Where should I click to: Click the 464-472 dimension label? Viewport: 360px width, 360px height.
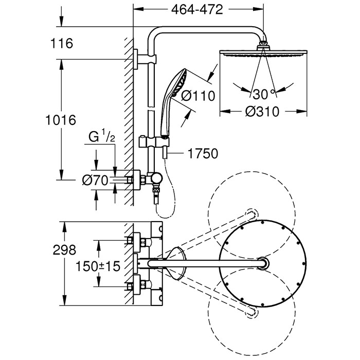[198, 9]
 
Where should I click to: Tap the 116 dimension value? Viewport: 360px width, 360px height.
[62, 43]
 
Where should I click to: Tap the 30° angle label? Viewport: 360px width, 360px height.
[263, 94]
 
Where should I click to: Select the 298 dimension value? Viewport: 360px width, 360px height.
[64, 250]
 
